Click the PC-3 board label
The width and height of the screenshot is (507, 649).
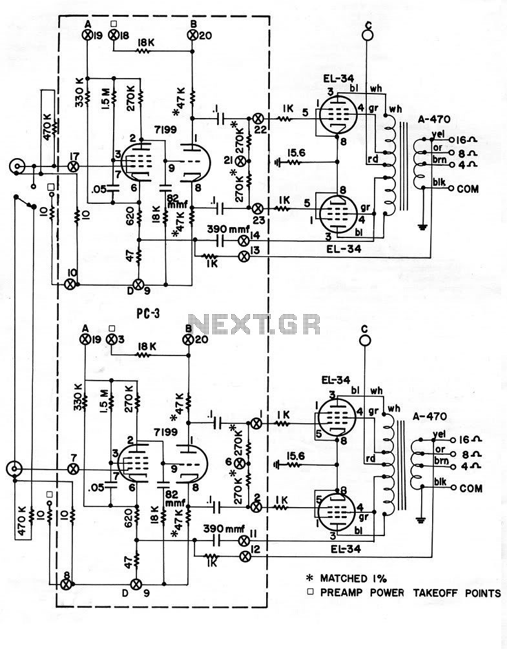[x=149, y=314]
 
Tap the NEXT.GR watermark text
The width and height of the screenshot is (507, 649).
[x=254, y=324]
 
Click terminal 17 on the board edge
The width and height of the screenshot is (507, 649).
[x=74, y=166]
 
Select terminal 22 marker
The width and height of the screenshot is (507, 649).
[x=257, y=118]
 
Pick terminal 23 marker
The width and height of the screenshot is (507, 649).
[x=257, y=207]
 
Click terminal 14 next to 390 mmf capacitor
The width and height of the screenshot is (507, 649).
[x=244, y=239]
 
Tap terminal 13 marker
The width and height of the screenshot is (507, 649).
[x=244, y=256]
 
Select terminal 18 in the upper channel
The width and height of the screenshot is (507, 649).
[x=113, y=35]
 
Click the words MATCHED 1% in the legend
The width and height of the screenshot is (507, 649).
[x=353, y=578]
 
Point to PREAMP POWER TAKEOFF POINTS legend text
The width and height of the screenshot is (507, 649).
[x=411, y=593]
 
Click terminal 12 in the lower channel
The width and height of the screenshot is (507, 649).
[x=245, y=557]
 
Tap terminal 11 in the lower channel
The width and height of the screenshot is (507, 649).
[x=244, y=541]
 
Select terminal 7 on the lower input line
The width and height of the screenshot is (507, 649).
[x=74, y=469]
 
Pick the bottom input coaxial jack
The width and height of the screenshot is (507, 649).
[x=14, y=470]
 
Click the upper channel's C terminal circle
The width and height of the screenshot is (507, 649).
[x=367, y=35]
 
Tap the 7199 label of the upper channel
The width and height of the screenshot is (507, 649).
[x=165, y=130]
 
